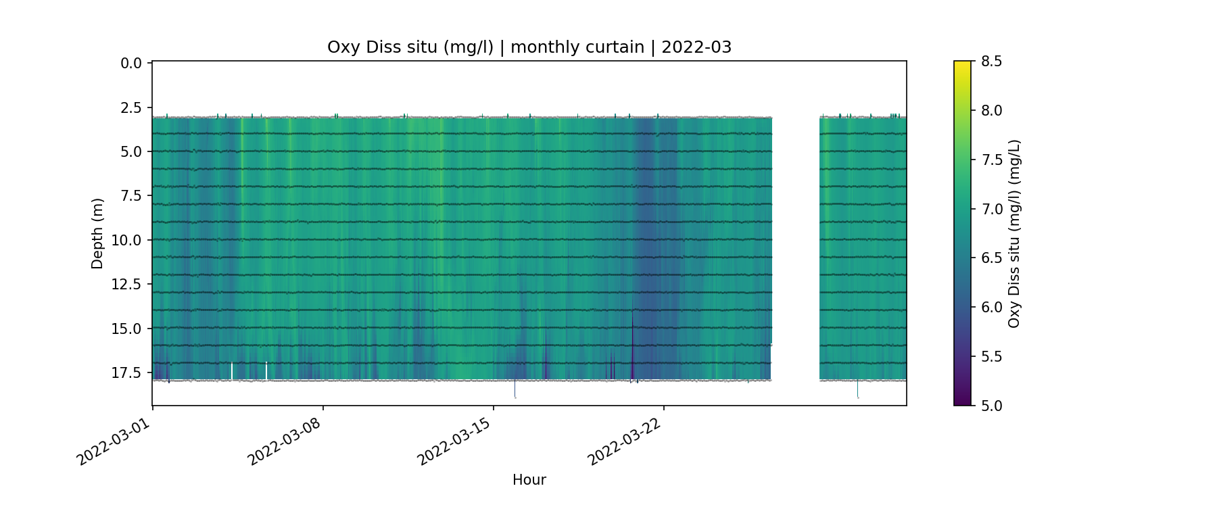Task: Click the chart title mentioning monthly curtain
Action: coord(529,47)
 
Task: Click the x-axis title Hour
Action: coord(529,480)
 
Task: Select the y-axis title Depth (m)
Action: coord(97,233)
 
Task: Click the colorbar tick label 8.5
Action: coord(991,62)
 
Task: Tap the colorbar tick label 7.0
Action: coord(991,209)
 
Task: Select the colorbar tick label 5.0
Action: coord(991,406)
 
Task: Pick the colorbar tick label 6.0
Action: coord(991,308)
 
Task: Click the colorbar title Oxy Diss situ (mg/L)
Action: coord(1014,233)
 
